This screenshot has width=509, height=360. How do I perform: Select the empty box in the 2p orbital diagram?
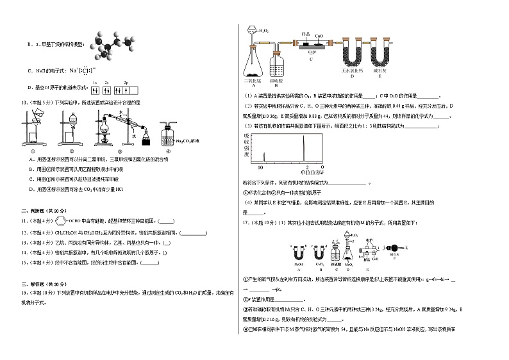pos(135,89)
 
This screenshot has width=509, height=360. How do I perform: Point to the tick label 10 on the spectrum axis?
pos(260,167)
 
